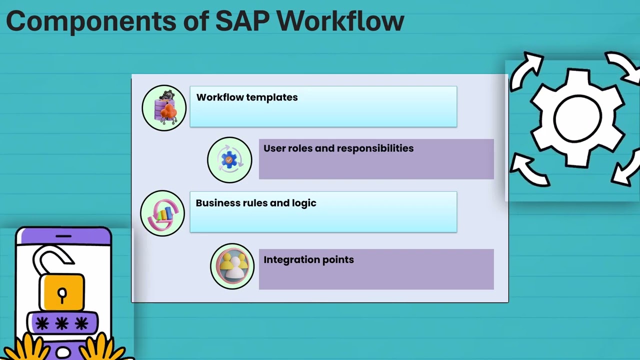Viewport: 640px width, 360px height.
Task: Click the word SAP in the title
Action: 242,21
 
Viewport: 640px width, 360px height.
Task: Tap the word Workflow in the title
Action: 340,21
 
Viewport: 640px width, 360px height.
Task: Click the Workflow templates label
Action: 247,97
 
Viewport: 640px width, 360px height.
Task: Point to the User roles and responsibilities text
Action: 338,148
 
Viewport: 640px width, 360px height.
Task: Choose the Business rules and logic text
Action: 256,203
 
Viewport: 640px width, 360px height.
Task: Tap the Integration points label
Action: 308,260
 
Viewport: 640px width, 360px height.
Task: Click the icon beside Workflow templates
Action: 164,108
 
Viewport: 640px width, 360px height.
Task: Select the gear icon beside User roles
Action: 229,160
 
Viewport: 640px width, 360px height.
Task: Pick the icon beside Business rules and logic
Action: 162,213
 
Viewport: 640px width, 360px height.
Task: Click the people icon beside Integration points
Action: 232,266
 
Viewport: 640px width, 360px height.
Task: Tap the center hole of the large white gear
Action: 577,118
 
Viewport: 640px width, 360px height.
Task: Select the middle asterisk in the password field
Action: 62,324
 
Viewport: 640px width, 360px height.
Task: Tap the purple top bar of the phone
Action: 63,236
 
